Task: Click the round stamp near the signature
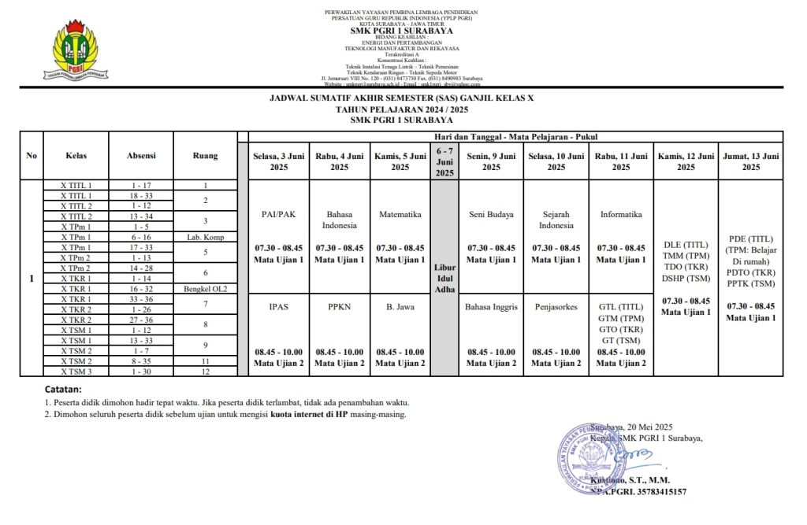[592, 458]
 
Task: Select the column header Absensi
[141, 156]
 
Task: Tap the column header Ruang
[206, 156]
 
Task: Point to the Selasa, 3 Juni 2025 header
[279, 161]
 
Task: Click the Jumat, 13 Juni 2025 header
[751, 161]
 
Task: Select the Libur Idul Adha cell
[444, 278]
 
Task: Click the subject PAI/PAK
[279, 214]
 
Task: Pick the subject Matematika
[400, 214]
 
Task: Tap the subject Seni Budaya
[491, 214]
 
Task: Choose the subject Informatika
[621, 214]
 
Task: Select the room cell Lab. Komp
[206, 237]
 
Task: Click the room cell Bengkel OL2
[206, 289]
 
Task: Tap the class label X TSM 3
[76, 372]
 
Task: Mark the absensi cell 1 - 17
[141, 186]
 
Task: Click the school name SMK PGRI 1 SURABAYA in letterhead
[401, 31]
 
